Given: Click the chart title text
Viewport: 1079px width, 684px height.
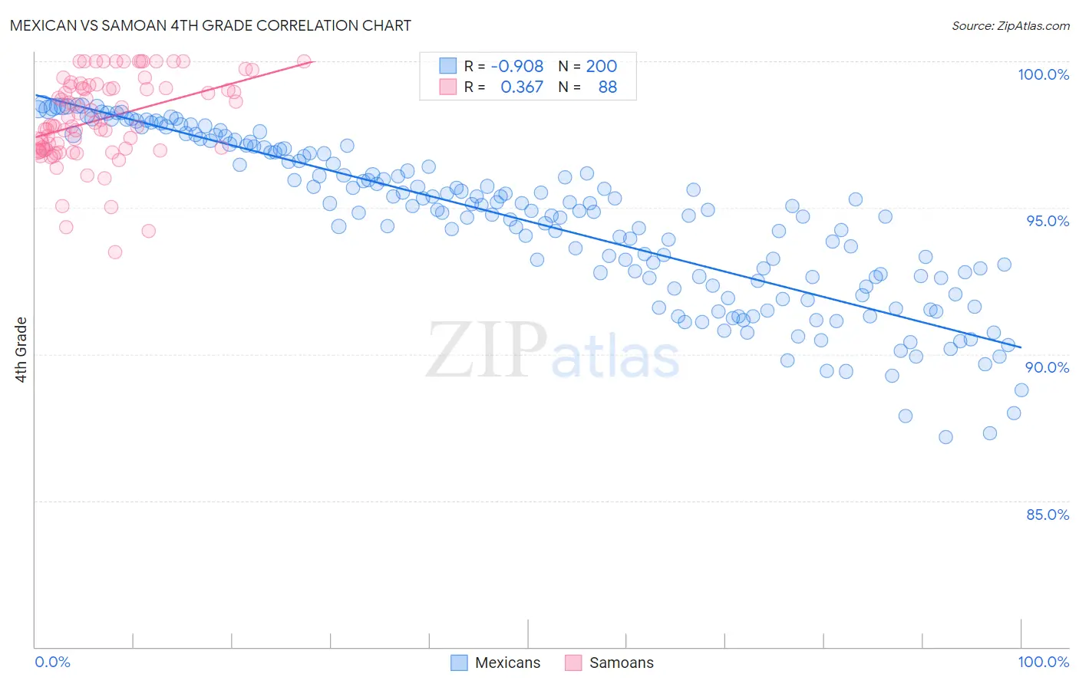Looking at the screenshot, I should (210, 25).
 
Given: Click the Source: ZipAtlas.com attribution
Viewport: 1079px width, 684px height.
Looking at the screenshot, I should (1010, 25).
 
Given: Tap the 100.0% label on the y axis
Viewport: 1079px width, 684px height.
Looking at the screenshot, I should (1043, 74).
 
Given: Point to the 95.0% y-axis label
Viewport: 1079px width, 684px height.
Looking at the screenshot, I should (1048, 221).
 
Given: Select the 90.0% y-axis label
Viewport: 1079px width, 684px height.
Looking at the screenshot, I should (1048, 367).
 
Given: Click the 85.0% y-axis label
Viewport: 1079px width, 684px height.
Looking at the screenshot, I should (1048, 515).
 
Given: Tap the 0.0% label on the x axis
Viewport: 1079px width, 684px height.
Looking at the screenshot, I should (52, 662).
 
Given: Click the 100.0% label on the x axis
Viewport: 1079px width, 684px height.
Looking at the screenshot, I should (1043, 662).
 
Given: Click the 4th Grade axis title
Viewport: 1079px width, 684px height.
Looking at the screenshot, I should (21, 350).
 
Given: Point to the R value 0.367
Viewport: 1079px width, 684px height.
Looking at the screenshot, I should (522, 87).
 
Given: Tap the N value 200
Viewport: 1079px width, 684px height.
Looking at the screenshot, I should (602, 67).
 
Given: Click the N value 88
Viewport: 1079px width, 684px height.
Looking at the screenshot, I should (607, 87).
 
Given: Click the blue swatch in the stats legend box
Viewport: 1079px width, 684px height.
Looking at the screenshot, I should (447, 67).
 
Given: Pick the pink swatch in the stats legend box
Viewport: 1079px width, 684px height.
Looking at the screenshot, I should (447, 87).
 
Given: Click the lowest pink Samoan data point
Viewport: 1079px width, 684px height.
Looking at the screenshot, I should (115, 252).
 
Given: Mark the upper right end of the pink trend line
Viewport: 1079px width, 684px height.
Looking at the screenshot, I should (314, 61).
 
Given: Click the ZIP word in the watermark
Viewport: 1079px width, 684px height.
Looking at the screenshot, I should (486, 350).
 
